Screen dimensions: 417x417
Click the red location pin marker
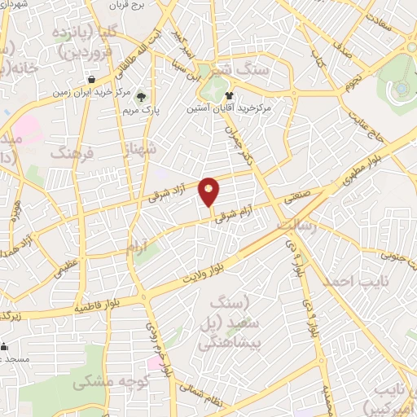tap(209, 191)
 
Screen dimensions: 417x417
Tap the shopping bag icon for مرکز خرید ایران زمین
tap(90, 80)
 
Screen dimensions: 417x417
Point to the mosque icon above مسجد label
tap(3, 345)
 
